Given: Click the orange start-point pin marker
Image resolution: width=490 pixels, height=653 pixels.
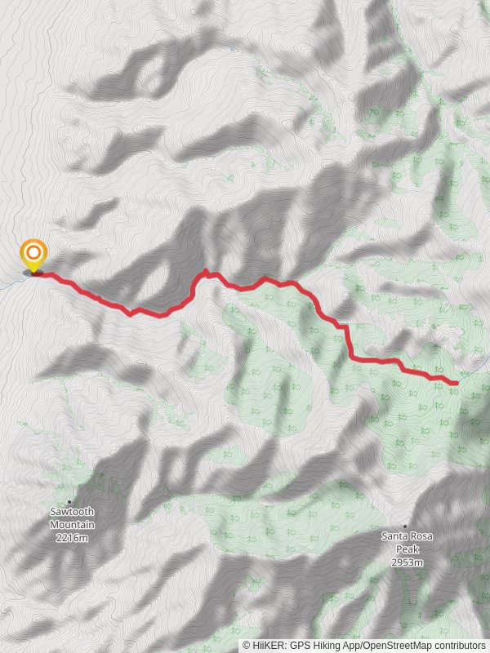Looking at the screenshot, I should coord(33,254).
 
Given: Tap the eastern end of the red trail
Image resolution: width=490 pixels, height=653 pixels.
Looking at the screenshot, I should coord(455,382).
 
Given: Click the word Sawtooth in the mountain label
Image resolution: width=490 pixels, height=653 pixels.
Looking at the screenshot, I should coord(71,512).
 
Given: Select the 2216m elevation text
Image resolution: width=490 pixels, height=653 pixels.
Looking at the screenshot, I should coord(71,538).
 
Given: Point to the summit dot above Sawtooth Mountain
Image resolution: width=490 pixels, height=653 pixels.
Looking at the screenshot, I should coord(69,501).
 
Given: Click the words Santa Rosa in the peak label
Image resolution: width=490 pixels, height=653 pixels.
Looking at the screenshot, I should coord(407,536).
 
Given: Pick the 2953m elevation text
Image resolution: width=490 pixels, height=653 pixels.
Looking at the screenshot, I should coord(407,562).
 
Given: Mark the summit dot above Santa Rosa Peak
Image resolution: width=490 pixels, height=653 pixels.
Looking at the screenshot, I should coord(406,526).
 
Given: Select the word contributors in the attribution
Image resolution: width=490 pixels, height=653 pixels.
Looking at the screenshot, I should coord(459,646).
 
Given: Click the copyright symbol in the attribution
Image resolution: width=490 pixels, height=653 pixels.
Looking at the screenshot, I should coord(247,646).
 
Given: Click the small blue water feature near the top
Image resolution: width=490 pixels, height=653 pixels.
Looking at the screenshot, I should coord(233,50).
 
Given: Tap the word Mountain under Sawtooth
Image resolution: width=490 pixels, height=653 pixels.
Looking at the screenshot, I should coord(71,525).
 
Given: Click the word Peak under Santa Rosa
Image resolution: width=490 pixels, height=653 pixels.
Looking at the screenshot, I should coord(407,549).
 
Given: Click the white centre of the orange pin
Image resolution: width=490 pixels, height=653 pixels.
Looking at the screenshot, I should coord(33,251).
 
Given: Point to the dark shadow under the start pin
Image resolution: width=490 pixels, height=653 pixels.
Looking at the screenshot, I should coord(33,273).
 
